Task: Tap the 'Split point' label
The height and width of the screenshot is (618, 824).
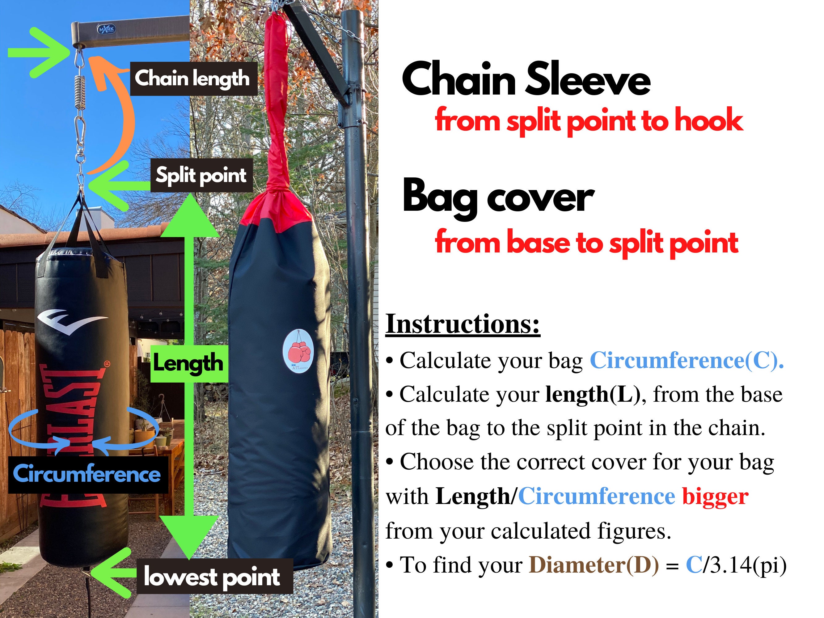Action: (x=201, y=175)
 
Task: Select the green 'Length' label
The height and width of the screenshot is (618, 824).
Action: (x=188, y=363)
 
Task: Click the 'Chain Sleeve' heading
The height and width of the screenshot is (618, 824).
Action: (x=526, y=79)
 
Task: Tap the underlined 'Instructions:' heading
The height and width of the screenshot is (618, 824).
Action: (x=462, y=324)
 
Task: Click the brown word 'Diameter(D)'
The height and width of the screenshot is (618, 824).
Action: (x=594, y=565)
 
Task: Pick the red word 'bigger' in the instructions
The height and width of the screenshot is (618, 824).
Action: (x=715, y=496)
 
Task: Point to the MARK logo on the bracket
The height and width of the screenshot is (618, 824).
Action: (x=107, y=29)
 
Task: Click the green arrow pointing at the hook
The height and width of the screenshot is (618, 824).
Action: (x=38, y=53)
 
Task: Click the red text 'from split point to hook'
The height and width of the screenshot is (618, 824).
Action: (x=589, y=120)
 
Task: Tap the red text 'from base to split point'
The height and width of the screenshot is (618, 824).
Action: (x=586, y=242)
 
